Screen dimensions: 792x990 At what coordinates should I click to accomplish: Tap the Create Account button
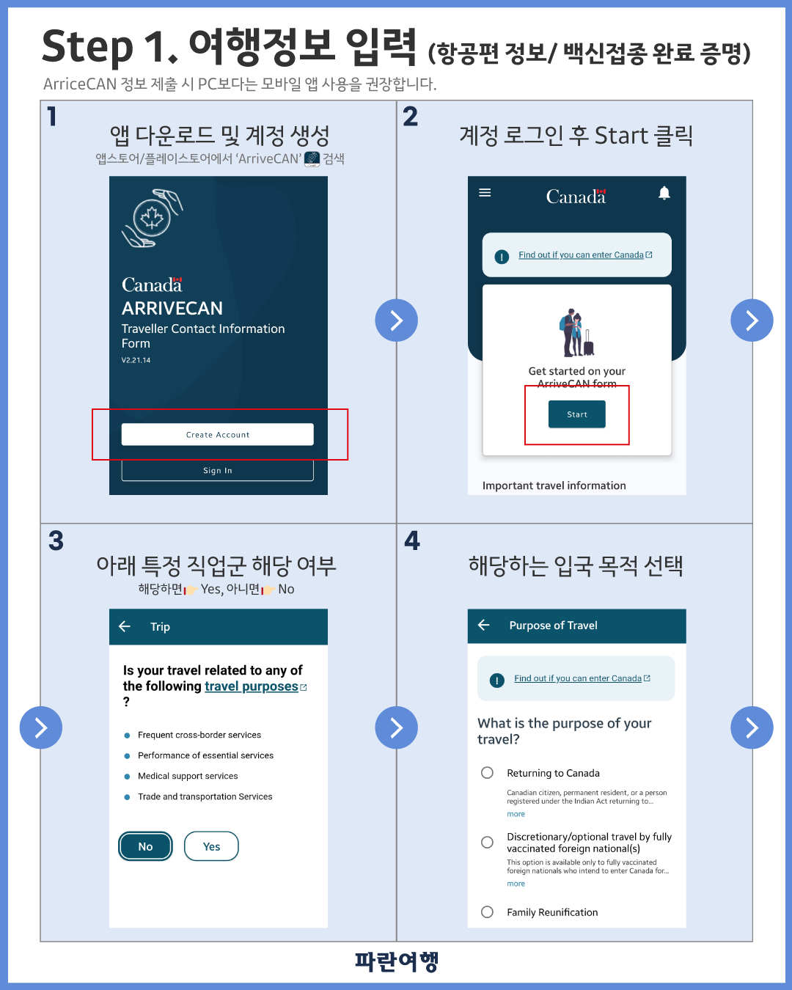point(217,434)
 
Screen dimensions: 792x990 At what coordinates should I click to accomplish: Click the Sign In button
point(217,470)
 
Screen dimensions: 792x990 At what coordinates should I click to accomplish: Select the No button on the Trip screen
point(145,846)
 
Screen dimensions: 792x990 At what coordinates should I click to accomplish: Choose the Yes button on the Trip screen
point(211,846)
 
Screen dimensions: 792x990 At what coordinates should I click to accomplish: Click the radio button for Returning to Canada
point(487,772)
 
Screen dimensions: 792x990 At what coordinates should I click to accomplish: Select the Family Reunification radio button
point(487,912)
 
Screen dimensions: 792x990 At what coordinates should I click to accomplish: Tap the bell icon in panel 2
point(664,193)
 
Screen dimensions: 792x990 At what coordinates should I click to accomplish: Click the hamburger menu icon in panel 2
point(485,192)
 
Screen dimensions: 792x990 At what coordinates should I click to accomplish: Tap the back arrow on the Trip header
point(125,626)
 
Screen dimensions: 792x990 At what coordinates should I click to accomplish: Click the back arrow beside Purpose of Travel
point(484,625)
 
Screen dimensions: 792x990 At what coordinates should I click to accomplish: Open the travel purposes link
point(252,686)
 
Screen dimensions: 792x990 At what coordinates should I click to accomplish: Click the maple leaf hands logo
point(153,218)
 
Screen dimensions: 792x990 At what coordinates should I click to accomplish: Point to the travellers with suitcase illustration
point(576,333)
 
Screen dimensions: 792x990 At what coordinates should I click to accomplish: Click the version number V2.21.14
point(136,360)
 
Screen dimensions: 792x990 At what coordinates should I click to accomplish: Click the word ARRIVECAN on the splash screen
point(172,308)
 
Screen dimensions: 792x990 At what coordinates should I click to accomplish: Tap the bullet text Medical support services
point(188,776)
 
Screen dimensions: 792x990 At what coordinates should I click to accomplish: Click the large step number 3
point(56,540)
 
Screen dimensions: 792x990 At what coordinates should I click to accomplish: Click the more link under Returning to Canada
point(516,814)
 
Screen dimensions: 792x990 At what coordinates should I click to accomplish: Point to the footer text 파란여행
point(397,961)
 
